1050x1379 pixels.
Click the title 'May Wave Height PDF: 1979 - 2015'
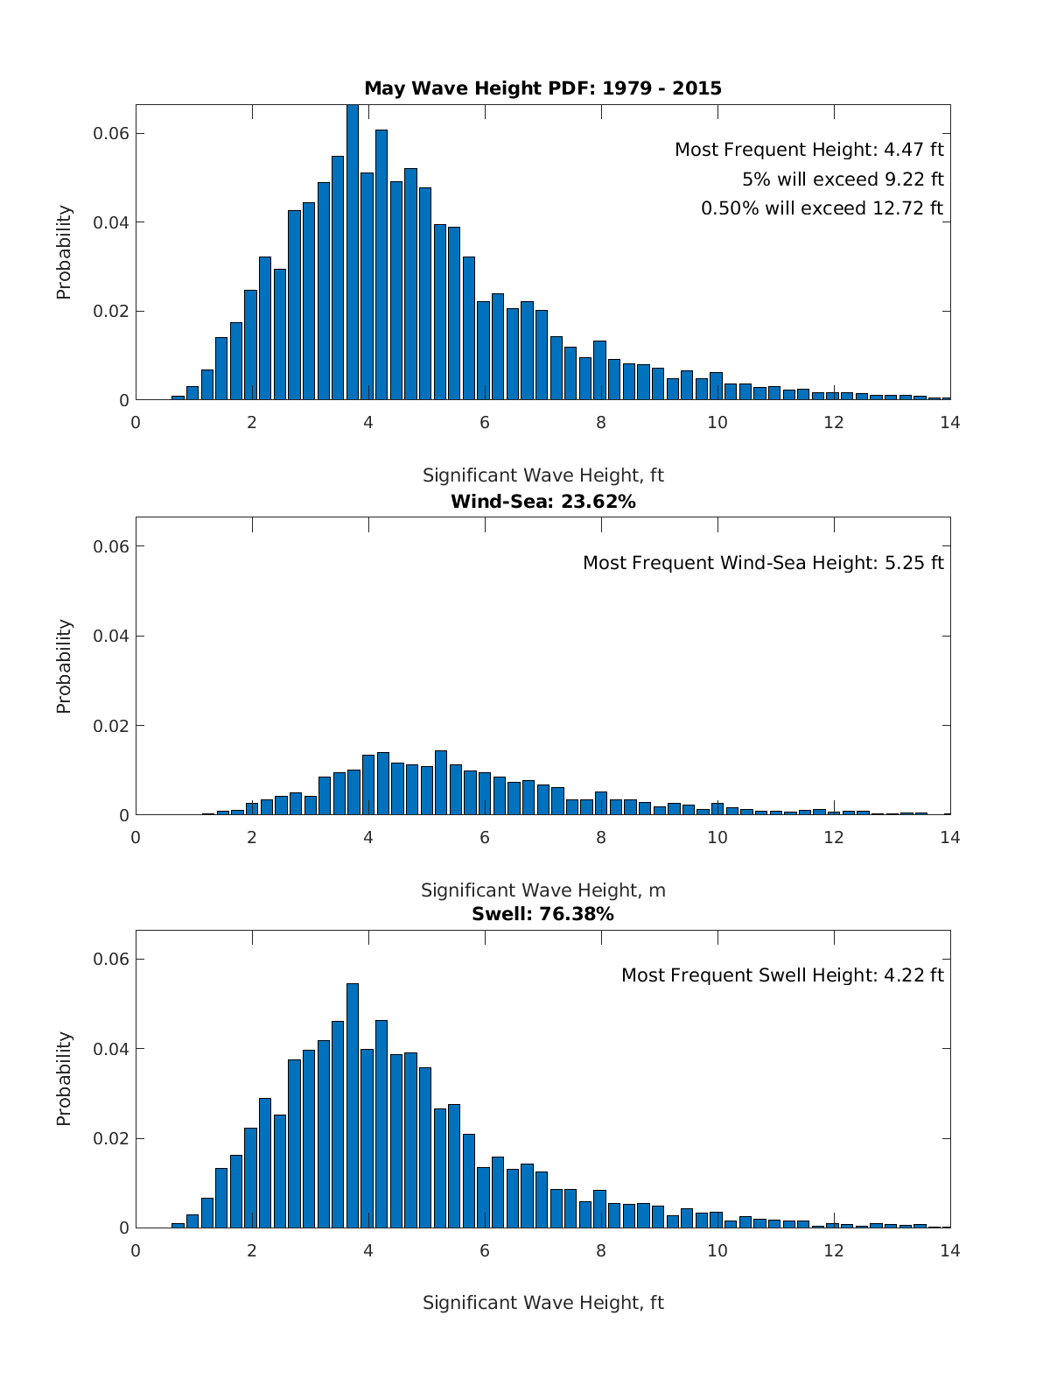click(x=542, y=88)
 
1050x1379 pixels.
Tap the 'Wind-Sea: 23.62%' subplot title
click(x=542, y=502)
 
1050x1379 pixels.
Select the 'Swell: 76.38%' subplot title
click(x=542, y=914)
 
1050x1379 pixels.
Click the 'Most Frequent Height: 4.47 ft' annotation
click(x=808, y=150)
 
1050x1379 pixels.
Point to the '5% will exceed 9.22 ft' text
click(x=843, y=179)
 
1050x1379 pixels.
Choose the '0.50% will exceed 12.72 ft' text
click(x=822, y=208)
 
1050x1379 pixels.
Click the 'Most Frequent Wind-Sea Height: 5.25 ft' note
click(x=763, y=563)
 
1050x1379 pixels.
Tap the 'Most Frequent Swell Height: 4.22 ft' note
click(x=782, y=975)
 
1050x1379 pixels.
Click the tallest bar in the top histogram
click(x=353, y=254)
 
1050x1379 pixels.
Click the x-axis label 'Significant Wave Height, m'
click(x=542, y=890)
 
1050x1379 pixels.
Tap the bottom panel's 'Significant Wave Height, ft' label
click(x=542, y=1303)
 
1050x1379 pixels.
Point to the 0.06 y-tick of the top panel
click(x=111, y=134)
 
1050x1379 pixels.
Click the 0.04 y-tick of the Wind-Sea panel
click(x=111, y=636)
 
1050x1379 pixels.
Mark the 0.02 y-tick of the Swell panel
click(x=111, y=1138)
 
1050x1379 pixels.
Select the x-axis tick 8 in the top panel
click(x=601, y=422)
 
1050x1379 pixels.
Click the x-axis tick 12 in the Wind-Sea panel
click(x=834, y=837)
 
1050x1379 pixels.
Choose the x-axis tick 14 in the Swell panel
click(x=949, y=1250)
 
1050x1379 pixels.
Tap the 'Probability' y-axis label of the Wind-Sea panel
click(x=64, y=666)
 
